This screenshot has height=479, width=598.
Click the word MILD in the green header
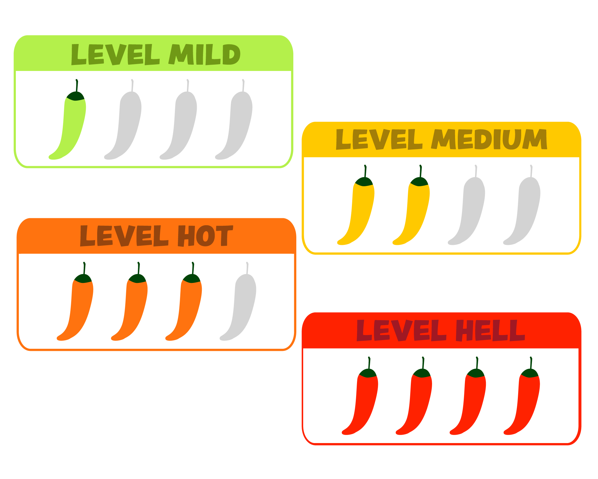[205, 54]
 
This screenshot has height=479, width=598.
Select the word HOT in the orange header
[205, 236]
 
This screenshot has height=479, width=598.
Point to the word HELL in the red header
[490, 331]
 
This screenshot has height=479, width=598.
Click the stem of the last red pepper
[531, 363]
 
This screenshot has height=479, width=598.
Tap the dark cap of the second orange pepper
[138, 279]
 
